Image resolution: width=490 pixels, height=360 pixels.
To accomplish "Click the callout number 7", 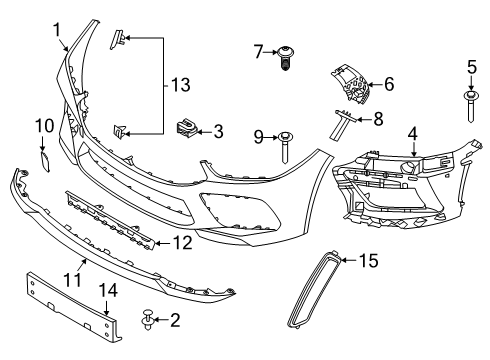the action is pyautogui.click(x=258, y=52).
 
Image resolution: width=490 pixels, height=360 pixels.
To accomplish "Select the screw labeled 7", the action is pyautogui.click(x=285, y=58).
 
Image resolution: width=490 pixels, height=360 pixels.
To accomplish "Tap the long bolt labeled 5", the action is pyautogui.click(x=471, y=106).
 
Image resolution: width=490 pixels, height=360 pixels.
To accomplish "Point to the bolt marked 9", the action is pyautogui.click(x=285, y=147).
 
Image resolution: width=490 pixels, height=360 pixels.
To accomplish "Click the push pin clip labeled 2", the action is pyautogui.click(x=147, y=319).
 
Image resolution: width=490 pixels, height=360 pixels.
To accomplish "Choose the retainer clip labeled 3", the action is pyautogui.click(x=186, y=129).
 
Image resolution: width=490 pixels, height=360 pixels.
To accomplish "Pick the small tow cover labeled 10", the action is pyautogui.click(x=46, y=161).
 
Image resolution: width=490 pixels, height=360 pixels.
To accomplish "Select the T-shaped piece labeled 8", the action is pyautogui.click(x=342, y=124).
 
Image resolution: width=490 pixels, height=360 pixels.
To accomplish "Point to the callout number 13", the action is pyautogui.click(x=181, y=85).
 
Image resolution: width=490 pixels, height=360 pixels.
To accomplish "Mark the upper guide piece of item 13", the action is pyautogui.click(x=117, y=39).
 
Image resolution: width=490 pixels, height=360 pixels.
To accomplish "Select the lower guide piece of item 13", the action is pyautogui.click(x=120, y=131).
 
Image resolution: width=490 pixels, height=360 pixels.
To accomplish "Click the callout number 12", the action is pyautogui.click(x=183, y=243).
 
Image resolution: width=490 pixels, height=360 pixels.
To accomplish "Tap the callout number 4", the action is pyautogui.click(x=412, y=134).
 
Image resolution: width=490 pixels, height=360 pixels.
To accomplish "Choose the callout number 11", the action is pyautogui.click(x=72, y=279).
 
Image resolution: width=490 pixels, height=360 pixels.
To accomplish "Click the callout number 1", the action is pyautogui.click(x=57, y=30).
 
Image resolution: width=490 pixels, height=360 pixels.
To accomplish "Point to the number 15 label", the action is pyautogui.click(x=368, y=260).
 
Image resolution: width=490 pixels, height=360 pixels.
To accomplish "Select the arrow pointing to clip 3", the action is pyautogui.click(x=204, y=132).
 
